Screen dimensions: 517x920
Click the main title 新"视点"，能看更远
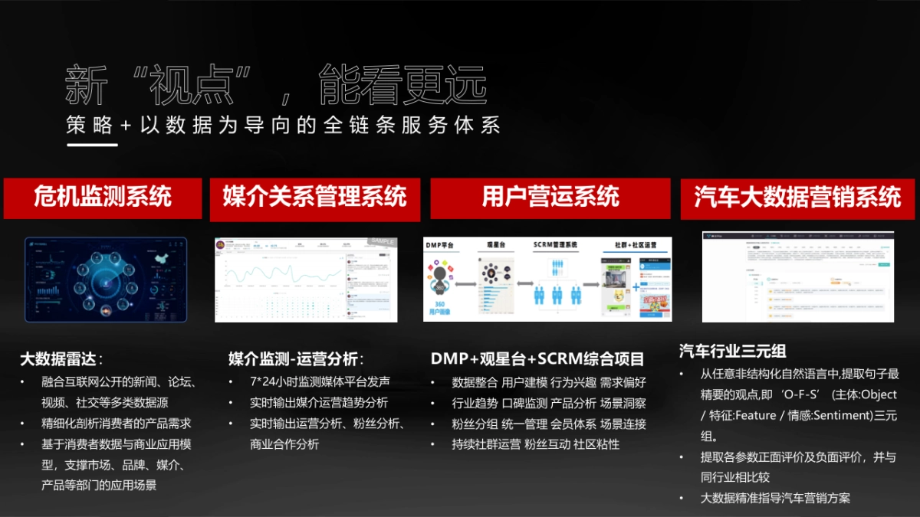[276, 85]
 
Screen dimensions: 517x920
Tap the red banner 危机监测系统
[103, 198]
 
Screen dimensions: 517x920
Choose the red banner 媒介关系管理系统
[314, 198]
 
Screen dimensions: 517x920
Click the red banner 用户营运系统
[550, 198]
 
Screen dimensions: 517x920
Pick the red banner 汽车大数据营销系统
[797, 198]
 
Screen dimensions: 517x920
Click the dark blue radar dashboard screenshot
[105, 279]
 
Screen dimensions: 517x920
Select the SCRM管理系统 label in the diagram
[555, 245]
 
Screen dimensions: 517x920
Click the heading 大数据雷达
[61, 359]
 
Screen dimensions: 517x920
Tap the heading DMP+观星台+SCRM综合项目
[537, 359]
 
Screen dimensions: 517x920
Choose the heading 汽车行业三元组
[732, 352]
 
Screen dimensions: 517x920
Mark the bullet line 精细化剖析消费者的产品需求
[116, 423]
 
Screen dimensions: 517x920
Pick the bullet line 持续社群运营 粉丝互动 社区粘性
[535, 443]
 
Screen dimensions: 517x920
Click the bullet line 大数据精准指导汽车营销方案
[775, 498]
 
